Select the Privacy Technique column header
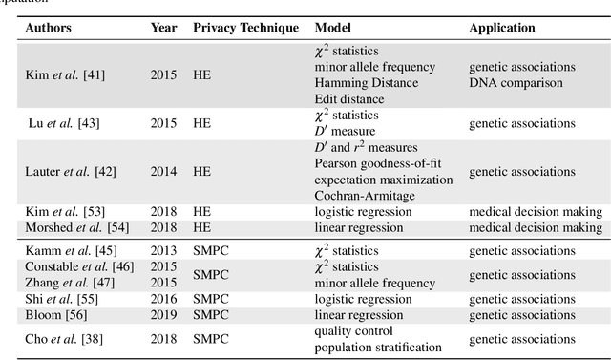tap(245, 28)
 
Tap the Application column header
tap(501, 28)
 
